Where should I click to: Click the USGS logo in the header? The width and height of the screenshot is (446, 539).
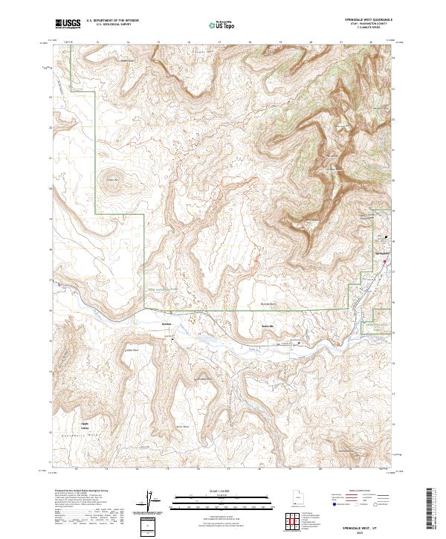68,24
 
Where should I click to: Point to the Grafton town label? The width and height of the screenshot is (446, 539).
167,324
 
